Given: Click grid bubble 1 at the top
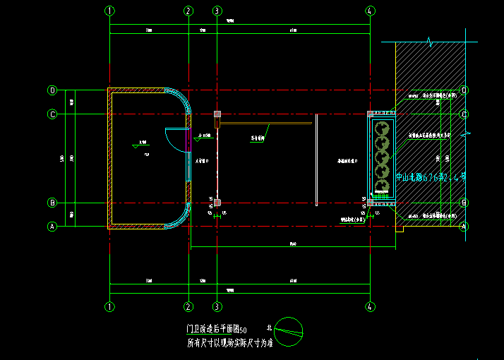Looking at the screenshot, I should (109, 11).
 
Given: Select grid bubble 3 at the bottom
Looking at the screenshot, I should (217, 307).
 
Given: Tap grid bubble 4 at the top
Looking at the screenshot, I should (371, 11).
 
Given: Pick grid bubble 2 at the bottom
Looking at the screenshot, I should (188, 307).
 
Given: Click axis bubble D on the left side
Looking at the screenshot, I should (52, 90).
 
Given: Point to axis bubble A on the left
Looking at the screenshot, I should (52, 227).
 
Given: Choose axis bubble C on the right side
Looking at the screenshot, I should (464, 114).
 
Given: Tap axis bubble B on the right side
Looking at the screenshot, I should (464, 203).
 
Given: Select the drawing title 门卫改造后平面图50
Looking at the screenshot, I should (216, 330).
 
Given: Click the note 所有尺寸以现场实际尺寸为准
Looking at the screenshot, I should (229, 343).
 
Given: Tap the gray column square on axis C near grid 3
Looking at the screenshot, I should (217, 114).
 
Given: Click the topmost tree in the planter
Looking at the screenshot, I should (382, 128).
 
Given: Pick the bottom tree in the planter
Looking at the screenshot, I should (381, 188).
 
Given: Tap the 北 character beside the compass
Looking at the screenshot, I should (268, 328).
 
